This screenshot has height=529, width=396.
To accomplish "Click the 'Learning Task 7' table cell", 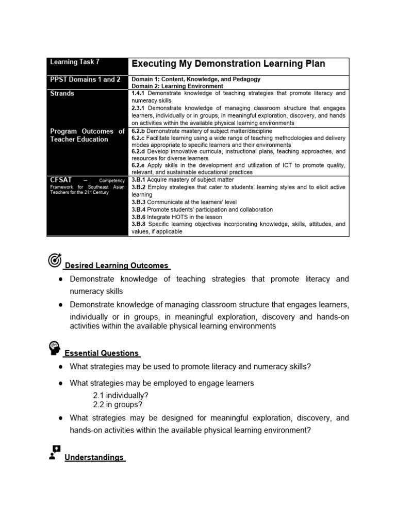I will tap(75, 62).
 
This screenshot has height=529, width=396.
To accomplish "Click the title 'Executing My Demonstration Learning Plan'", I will tap(228, 64).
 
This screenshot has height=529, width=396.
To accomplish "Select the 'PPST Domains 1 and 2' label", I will tap(85, 80).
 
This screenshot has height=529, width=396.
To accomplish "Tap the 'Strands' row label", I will tap(62, 94).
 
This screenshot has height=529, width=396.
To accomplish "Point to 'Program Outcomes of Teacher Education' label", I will tap(87, 135).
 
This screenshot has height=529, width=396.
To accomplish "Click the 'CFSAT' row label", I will tap(61, 179).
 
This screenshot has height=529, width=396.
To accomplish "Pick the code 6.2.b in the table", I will tap(139, 131).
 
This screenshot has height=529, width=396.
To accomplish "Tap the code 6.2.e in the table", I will tap(139, 165).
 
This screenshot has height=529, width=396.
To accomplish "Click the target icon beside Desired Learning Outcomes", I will tap(55, 261).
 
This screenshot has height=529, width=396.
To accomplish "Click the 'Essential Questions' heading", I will tap(102, 353).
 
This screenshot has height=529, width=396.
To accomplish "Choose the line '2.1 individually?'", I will tap(121, 395).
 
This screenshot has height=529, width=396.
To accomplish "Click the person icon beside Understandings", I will tap(54, 453).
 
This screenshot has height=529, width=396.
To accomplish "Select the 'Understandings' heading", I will tap(94, 458).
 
